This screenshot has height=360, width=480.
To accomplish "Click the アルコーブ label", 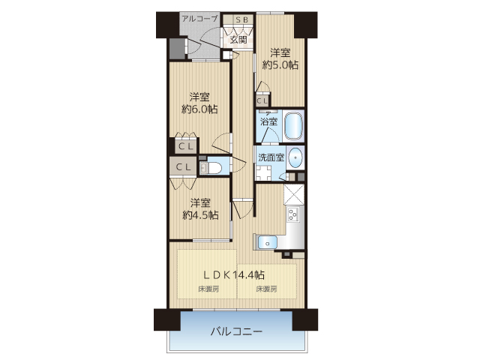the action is click(x=199, y=19).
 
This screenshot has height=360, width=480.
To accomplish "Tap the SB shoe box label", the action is click(x=241, y=20).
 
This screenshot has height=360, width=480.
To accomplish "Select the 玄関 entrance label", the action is click(x=238, y=40).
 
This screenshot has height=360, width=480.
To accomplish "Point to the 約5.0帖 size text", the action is click(x=280, y=65).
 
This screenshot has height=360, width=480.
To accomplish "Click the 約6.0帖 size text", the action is click(x=199, y=109).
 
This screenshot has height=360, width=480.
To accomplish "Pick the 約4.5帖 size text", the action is click(x=200, y=215).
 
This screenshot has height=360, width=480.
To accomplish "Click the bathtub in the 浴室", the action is click(x=293, y=126).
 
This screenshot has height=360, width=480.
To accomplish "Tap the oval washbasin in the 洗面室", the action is click(x=295, y=158).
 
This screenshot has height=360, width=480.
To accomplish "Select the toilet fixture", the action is click(x=211, y=168).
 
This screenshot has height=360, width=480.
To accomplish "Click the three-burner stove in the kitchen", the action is click(x=293, y=214).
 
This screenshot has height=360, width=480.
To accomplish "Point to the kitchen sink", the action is click(x=268, y=243).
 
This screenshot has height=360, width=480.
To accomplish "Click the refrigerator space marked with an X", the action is click(x=294, y=194).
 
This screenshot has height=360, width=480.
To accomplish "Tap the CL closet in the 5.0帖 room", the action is click(x=262, y=100).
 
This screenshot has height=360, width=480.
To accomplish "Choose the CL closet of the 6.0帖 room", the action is click(x=186, y=146).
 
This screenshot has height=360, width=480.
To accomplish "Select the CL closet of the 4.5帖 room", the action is click(x=184, y=166).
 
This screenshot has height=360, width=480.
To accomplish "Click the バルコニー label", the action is click(x=236, y=331).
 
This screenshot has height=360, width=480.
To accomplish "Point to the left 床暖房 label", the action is click(x=208, y=289).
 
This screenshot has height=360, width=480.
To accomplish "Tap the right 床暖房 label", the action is click(x=267, y=289).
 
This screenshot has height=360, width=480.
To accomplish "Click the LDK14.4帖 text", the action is click(x=235, y=275).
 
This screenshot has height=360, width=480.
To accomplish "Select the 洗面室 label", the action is click(x=271, y=157).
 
